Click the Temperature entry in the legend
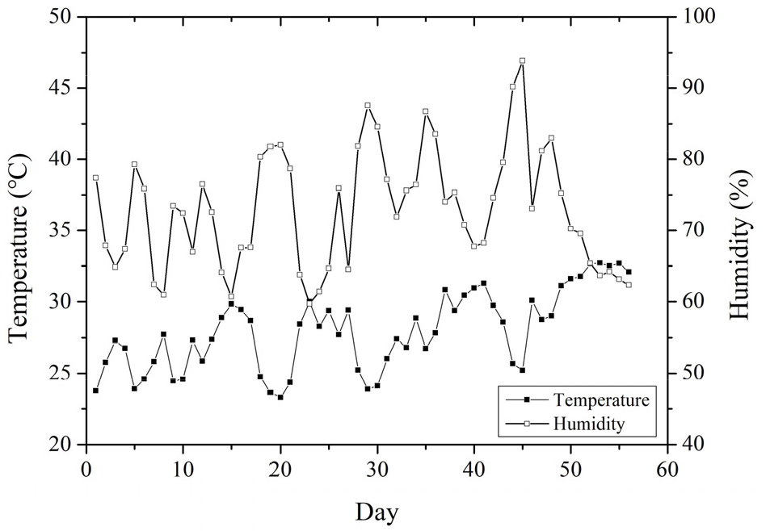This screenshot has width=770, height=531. pyautogui.click(x=600, y=399)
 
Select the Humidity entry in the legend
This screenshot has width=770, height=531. pyautogui.click(x=589, y=422)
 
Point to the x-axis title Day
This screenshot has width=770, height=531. pyautogui.click(x=376, y=511)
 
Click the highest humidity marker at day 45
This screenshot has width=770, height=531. pyautogui.click(x=522, y=61)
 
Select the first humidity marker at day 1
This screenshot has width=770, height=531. pyautogui.click(x=95, y=178)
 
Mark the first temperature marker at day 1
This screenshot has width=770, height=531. pyautogui.click(x=95, y=391)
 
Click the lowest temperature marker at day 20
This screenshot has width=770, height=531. pyautogui.click(x=280, y=397)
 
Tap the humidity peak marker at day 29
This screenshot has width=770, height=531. pyautogui.click(x=367, y=105)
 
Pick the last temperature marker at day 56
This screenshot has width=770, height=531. pyautogui.click(x=629, y=272)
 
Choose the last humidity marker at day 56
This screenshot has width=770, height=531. pyautogui.click(x=629, y=285)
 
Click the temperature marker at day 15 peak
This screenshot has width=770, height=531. pyautogui.click(x=231, y=303)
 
